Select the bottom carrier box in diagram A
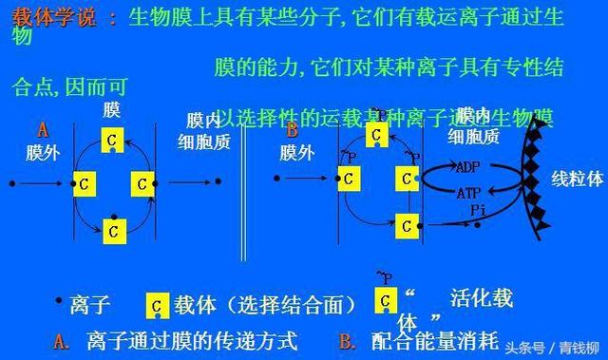point(113,229)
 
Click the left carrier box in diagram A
point(85,183)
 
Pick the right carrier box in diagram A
point(142,183)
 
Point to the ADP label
point(467,167)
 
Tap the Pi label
point(478,209)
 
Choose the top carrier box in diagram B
point(377,135)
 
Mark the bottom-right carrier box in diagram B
point(407,225)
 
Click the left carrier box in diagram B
point(349,178)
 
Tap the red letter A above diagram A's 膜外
point(42,129)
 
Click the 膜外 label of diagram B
point(298,152)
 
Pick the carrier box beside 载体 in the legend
point(157,306)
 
